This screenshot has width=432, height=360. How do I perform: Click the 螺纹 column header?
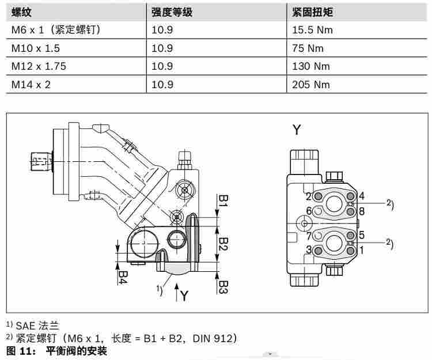[21, 12]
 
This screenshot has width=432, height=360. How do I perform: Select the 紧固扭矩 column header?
[312, 12]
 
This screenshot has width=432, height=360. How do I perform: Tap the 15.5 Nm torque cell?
[312, 30]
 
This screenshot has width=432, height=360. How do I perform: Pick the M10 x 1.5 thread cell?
[36, 48]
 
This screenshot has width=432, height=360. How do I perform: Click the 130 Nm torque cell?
[311, 66]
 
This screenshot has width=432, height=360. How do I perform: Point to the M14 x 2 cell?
[31, 85]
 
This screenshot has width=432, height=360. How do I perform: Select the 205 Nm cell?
[311, 85]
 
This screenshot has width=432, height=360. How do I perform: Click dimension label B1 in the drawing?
[223, 200]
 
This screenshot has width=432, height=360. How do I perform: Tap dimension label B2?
[223, 244]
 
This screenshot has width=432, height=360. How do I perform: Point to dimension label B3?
[223, 287]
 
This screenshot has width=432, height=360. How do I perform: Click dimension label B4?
[123, 277]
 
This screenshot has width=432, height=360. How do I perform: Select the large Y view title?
[297, 130]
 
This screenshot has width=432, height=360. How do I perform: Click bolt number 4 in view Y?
[362, 196]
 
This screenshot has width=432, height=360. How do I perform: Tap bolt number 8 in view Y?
[362, 211]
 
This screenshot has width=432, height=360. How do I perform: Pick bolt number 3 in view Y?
[309, 249]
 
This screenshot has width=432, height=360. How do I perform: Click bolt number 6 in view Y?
[309, 211]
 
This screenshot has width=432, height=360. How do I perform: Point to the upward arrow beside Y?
[177, 292]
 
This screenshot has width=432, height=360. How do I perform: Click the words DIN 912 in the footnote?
[213, 338]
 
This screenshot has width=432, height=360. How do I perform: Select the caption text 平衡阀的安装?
[76, 351]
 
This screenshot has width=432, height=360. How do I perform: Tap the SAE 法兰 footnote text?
[37, 326]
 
